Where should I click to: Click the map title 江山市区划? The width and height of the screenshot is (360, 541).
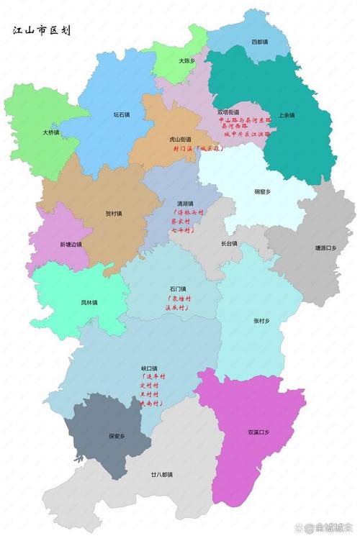pos(41,32)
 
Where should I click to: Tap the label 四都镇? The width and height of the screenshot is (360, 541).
pos(258,42)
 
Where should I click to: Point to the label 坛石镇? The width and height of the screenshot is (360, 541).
pos(121,114)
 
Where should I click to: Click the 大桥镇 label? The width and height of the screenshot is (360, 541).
pos(50,132)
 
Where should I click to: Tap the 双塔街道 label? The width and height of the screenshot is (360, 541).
pos(229,112)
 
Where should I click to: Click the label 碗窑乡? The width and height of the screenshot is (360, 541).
pos(263,192)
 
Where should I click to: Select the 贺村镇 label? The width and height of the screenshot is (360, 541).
pos(114,214)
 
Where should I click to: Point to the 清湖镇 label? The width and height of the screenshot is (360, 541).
pos(186,204)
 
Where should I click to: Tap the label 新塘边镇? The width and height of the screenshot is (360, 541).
pos(71,244)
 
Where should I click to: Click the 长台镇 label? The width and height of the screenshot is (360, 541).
pos(229,243)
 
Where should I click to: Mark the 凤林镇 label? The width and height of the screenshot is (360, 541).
pos(90,302)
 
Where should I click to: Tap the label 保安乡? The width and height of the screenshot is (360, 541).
pos(117,435)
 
